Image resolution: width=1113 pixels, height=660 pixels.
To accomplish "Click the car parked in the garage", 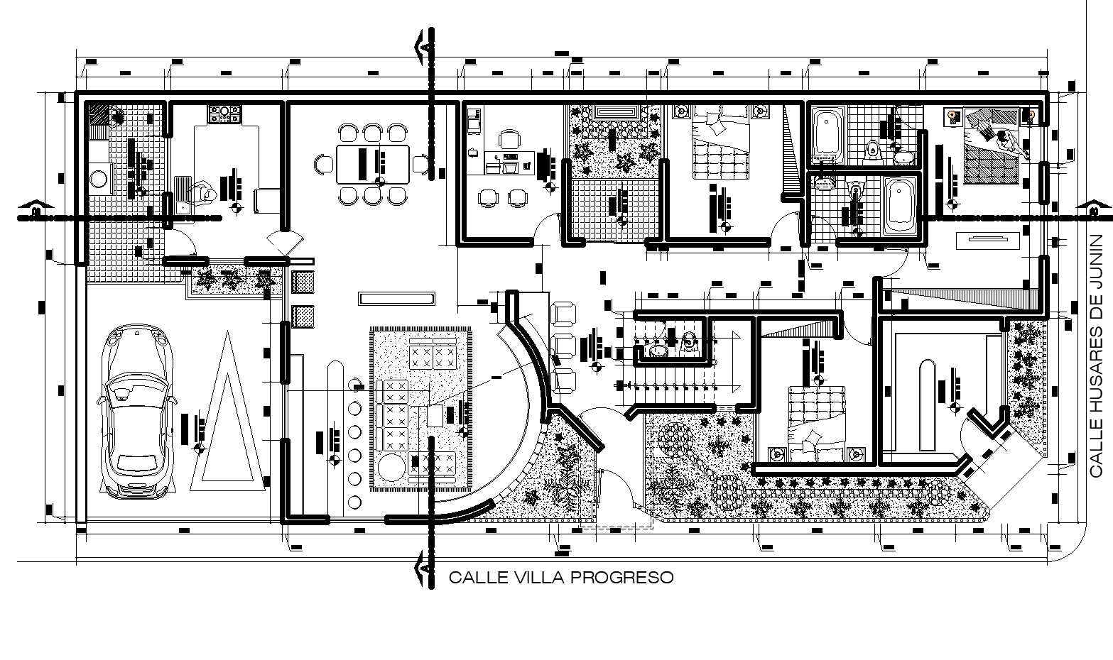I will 136,412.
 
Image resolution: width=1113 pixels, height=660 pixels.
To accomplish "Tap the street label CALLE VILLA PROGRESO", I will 560,578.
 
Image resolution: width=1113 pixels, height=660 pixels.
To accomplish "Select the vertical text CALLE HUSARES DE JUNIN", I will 1097,355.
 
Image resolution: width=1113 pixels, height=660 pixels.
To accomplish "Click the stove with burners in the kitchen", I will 225,114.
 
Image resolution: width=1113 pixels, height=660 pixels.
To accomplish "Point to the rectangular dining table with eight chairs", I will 373,165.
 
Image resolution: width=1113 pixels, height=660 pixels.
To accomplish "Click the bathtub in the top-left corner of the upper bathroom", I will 827,133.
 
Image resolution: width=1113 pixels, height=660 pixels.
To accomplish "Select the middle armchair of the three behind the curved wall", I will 564,343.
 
